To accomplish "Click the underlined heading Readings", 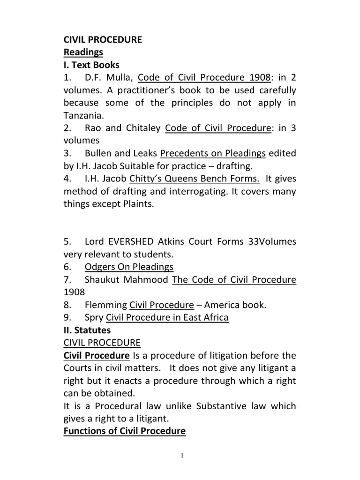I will pos(83,52).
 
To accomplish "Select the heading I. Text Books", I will pos(91,65).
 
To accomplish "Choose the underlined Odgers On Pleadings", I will pos(129,267).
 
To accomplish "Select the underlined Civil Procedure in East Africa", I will pos(167,318).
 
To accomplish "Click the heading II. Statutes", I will pos(87,330).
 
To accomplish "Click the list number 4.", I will pos(67,179).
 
